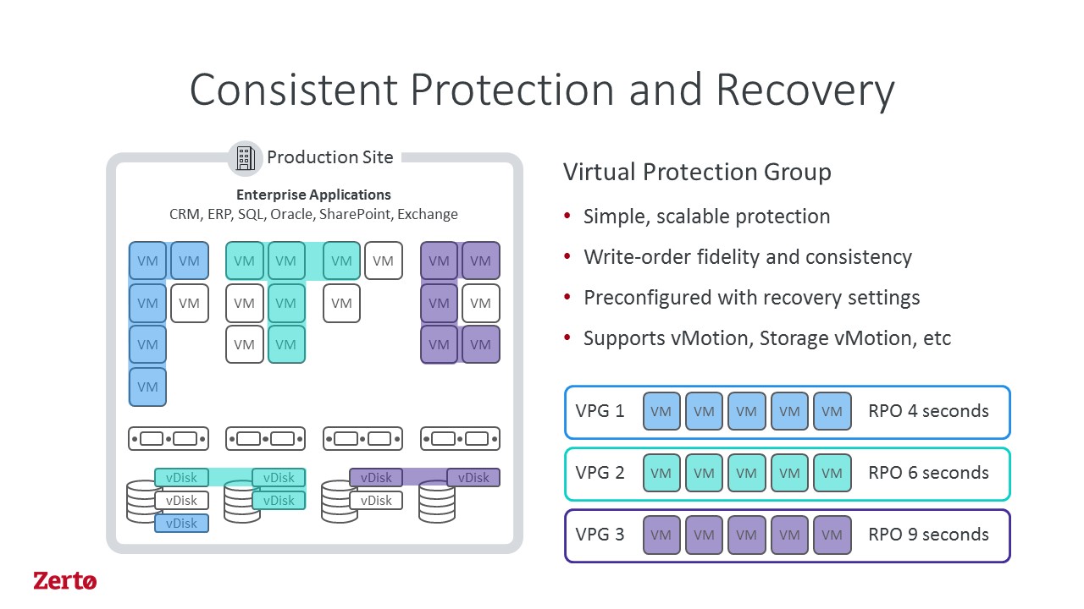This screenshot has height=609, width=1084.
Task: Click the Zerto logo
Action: pos(65,580)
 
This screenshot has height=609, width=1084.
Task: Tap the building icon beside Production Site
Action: pos(246,158)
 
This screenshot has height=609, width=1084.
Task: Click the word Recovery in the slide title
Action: pos(805,91)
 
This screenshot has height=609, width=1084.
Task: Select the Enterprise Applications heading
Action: pos(313,195)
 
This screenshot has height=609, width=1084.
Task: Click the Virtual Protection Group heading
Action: pos(697,172)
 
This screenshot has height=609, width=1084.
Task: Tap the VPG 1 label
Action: pos(600,411)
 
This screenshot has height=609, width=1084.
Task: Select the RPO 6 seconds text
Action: pos(929,473)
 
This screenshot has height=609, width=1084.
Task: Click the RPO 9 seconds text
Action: pos(929,535)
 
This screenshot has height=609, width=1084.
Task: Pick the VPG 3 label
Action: pos(600,535)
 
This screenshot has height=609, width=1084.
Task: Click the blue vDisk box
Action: pos(181,524)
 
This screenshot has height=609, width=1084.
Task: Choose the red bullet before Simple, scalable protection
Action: pos(567,216)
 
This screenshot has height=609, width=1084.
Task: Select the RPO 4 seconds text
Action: pos(929,411)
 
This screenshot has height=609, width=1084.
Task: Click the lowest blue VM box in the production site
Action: pos(147,387)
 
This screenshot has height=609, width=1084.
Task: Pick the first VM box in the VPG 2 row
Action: pos(661,473)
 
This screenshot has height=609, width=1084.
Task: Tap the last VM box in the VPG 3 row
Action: pos(832,535)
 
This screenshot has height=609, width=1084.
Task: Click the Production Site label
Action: pos(330,157)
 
